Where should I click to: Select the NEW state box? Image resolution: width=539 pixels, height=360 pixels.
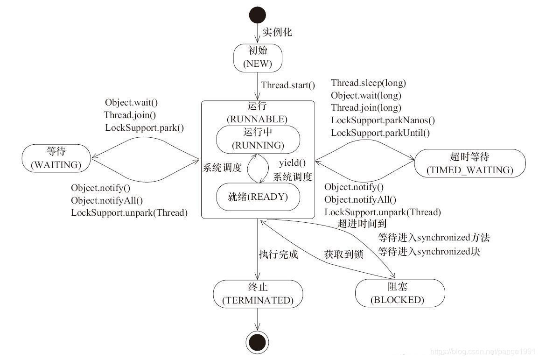coord(258,57)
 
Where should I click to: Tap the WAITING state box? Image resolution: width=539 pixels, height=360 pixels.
coord(56,157)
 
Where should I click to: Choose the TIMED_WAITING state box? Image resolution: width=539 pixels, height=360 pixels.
coord(469,163)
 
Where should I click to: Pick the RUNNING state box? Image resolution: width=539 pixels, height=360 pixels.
coord(258,139)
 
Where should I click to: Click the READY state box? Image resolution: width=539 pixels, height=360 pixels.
coord(258,197)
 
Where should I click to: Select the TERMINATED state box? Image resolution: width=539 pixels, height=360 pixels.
coord(258,293)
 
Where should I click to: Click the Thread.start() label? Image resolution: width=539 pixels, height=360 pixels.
coord(288,85)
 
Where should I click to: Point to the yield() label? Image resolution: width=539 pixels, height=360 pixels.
coord(292,163)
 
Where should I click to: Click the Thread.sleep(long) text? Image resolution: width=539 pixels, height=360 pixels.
coord(369,83)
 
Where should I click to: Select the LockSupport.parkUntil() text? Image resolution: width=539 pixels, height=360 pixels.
coord(380,133)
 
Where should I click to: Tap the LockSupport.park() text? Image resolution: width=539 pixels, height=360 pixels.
coord(144,127)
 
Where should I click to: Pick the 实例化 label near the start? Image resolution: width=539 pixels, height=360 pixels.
coord(277,32)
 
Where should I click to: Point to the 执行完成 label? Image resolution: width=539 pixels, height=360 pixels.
coord(278,254)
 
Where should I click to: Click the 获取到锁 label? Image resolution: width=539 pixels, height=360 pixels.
coord(343,254)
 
